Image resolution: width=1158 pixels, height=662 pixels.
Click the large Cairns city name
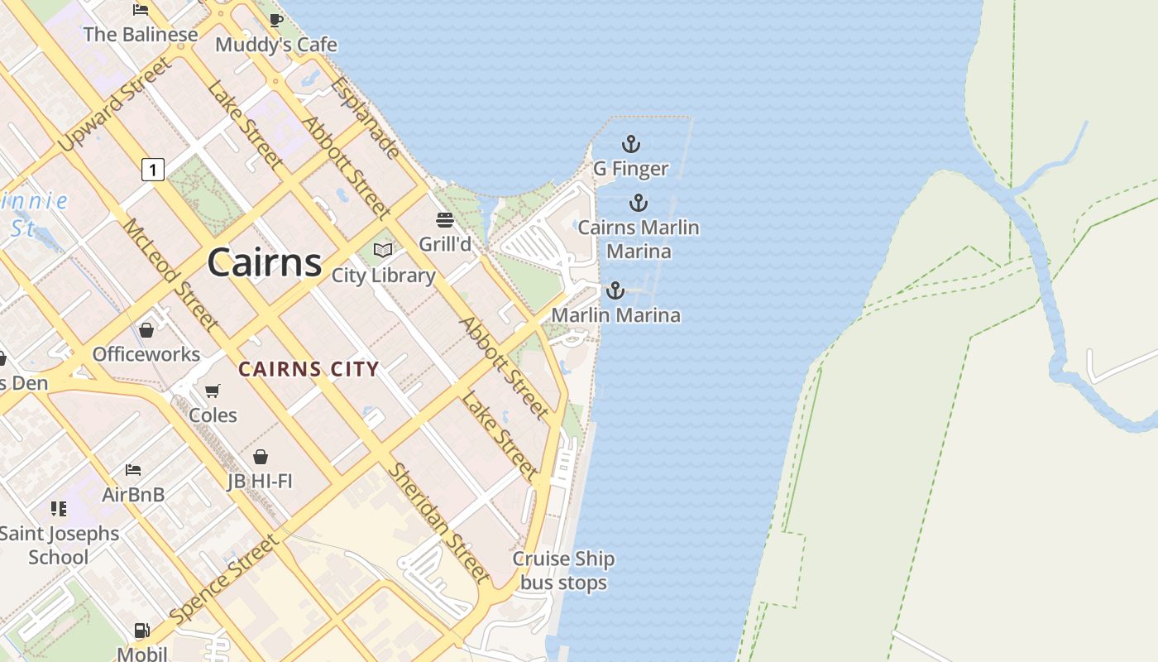tap(264, 262)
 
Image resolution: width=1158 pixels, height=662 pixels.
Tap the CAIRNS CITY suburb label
tap(309, 370)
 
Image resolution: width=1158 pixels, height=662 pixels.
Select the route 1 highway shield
tap(152, 170)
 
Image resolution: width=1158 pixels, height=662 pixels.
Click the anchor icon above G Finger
tap(631, 145)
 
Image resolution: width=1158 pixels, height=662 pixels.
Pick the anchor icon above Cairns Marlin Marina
tap(638, 203)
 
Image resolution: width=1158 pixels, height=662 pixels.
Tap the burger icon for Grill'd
tap(445, 220)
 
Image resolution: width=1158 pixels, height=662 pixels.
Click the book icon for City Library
tap(383, 250)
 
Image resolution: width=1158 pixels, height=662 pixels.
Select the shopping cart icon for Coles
tap(213, 391)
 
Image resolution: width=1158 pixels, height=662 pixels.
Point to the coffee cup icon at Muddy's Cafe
tap(276, 20)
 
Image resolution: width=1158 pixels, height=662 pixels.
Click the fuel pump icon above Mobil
tap(142, 631)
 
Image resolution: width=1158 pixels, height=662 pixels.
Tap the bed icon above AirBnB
tap(133, 470)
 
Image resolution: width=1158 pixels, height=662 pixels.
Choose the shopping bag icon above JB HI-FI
tap(261, 457)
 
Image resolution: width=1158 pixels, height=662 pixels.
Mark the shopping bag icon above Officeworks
tap(146, 330)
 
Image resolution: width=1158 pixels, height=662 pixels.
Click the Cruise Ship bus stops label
tap(563, 571)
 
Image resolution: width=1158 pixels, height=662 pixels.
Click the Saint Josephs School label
tap(59, 545)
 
